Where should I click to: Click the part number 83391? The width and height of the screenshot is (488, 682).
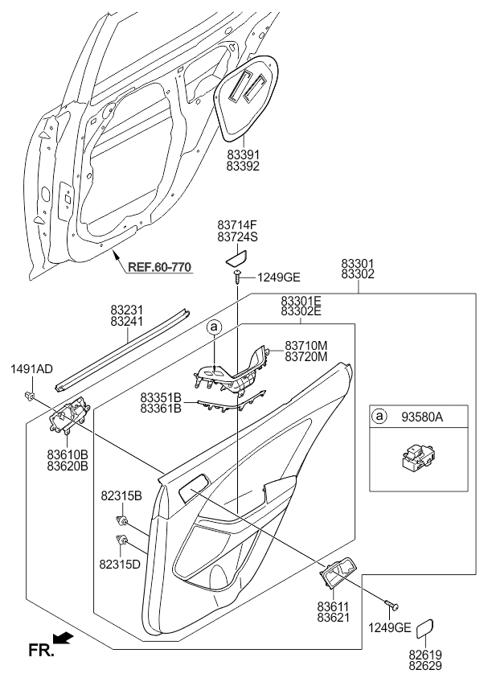pyautogui.click(x=244, y=154)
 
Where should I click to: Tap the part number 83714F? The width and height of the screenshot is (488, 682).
pyautogui.click(x=237, y=224)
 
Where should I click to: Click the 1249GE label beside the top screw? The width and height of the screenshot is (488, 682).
pyautogui.click(x=278, y=277)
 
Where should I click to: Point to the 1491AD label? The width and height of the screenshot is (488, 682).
pyautogui.click(x=31, y=369)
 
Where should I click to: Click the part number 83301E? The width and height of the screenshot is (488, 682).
pyautogui.click(x=301, y=300)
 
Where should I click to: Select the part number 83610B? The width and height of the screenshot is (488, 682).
pyautogui.click(x=67, y=454)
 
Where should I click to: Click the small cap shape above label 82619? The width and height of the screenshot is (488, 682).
pyautogui.click(x=427, y=629)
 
